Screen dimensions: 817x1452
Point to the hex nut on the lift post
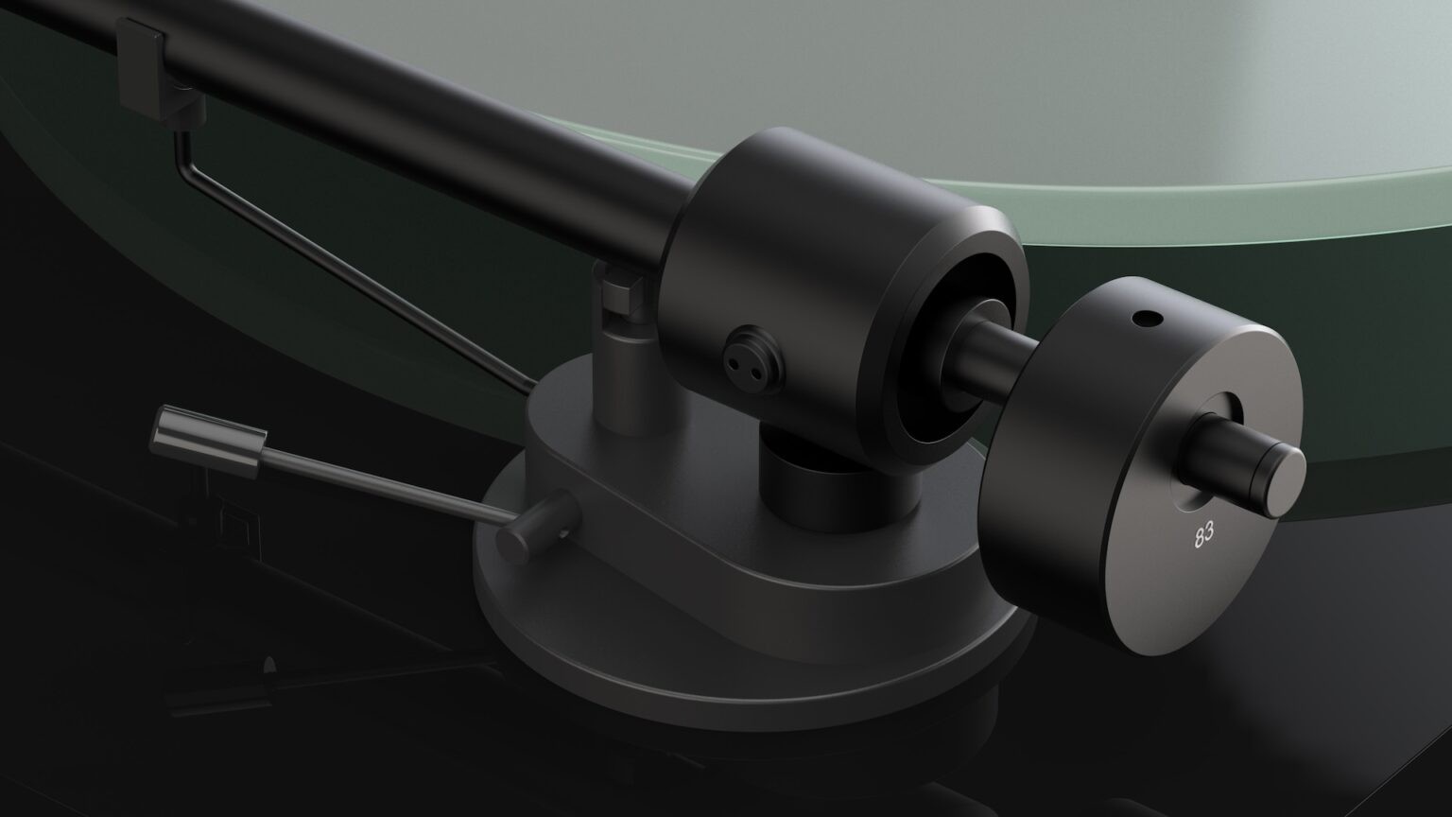619,287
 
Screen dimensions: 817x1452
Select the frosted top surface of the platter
1087,95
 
